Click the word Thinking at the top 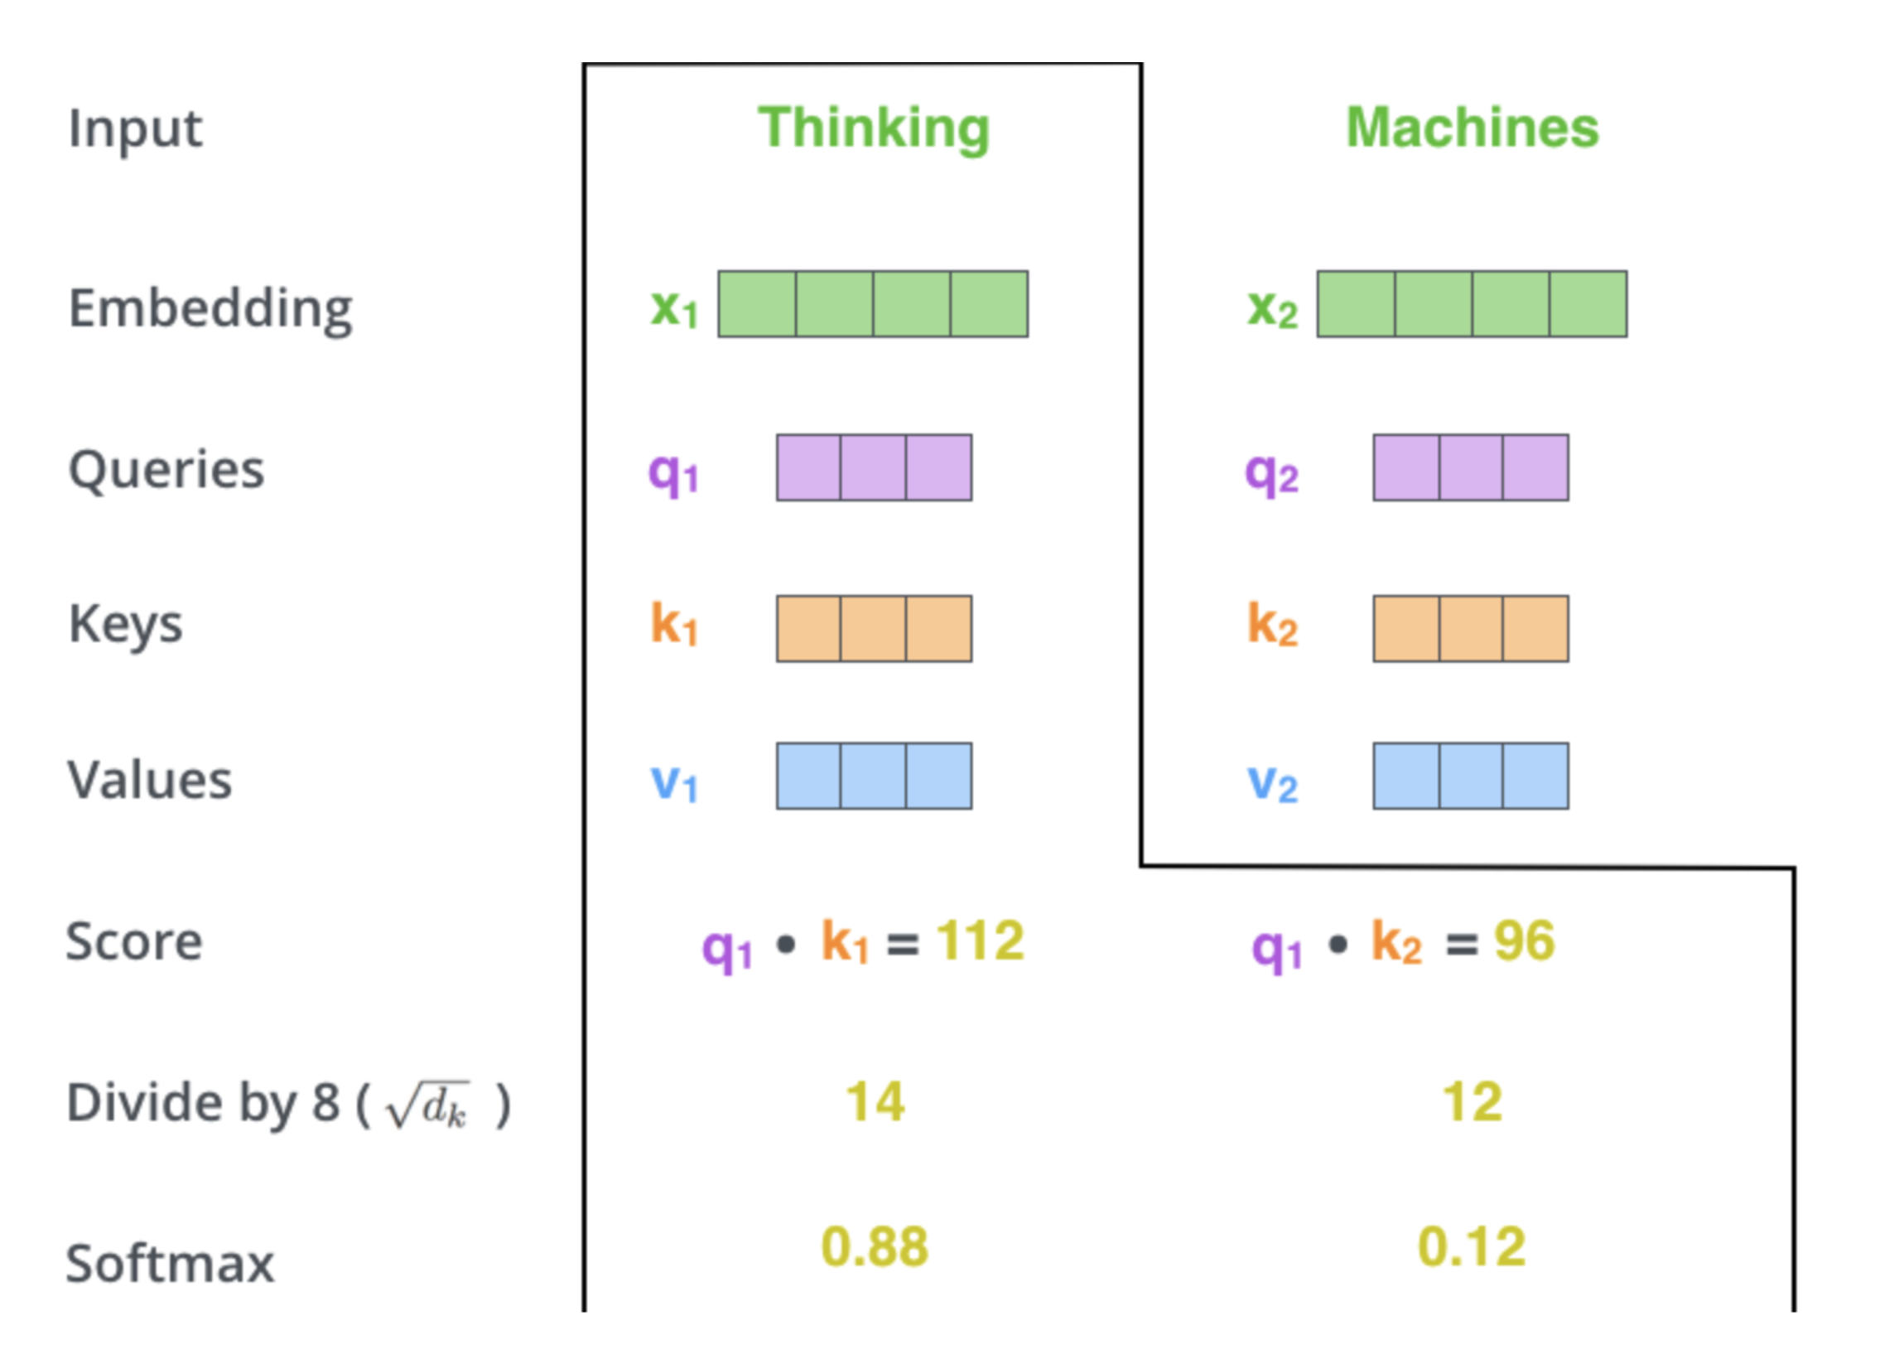(875, 129)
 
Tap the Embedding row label (210, 310)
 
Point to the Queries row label (166, 470)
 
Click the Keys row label (125, 625)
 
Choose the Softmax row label (170, 1264)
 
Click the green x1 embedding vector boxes (874, 304)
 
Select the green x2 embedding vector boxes (1473, 304)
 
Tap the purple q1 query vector (875, 467)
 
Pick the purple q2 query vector (1472, 467)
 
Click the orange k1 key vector (875, 628)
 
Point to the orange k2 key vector (1472, 628)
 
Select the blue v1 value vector (875, 776)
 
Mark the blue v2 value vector (1472, 776)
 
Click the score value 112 (981, 941)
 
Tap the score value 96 (1525, 941)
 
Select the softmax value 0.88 (875, 1247)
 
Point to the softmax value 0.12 (1473, 1247)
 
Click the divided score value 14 (875, 1103)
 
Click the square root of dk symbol (427, 1105)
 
